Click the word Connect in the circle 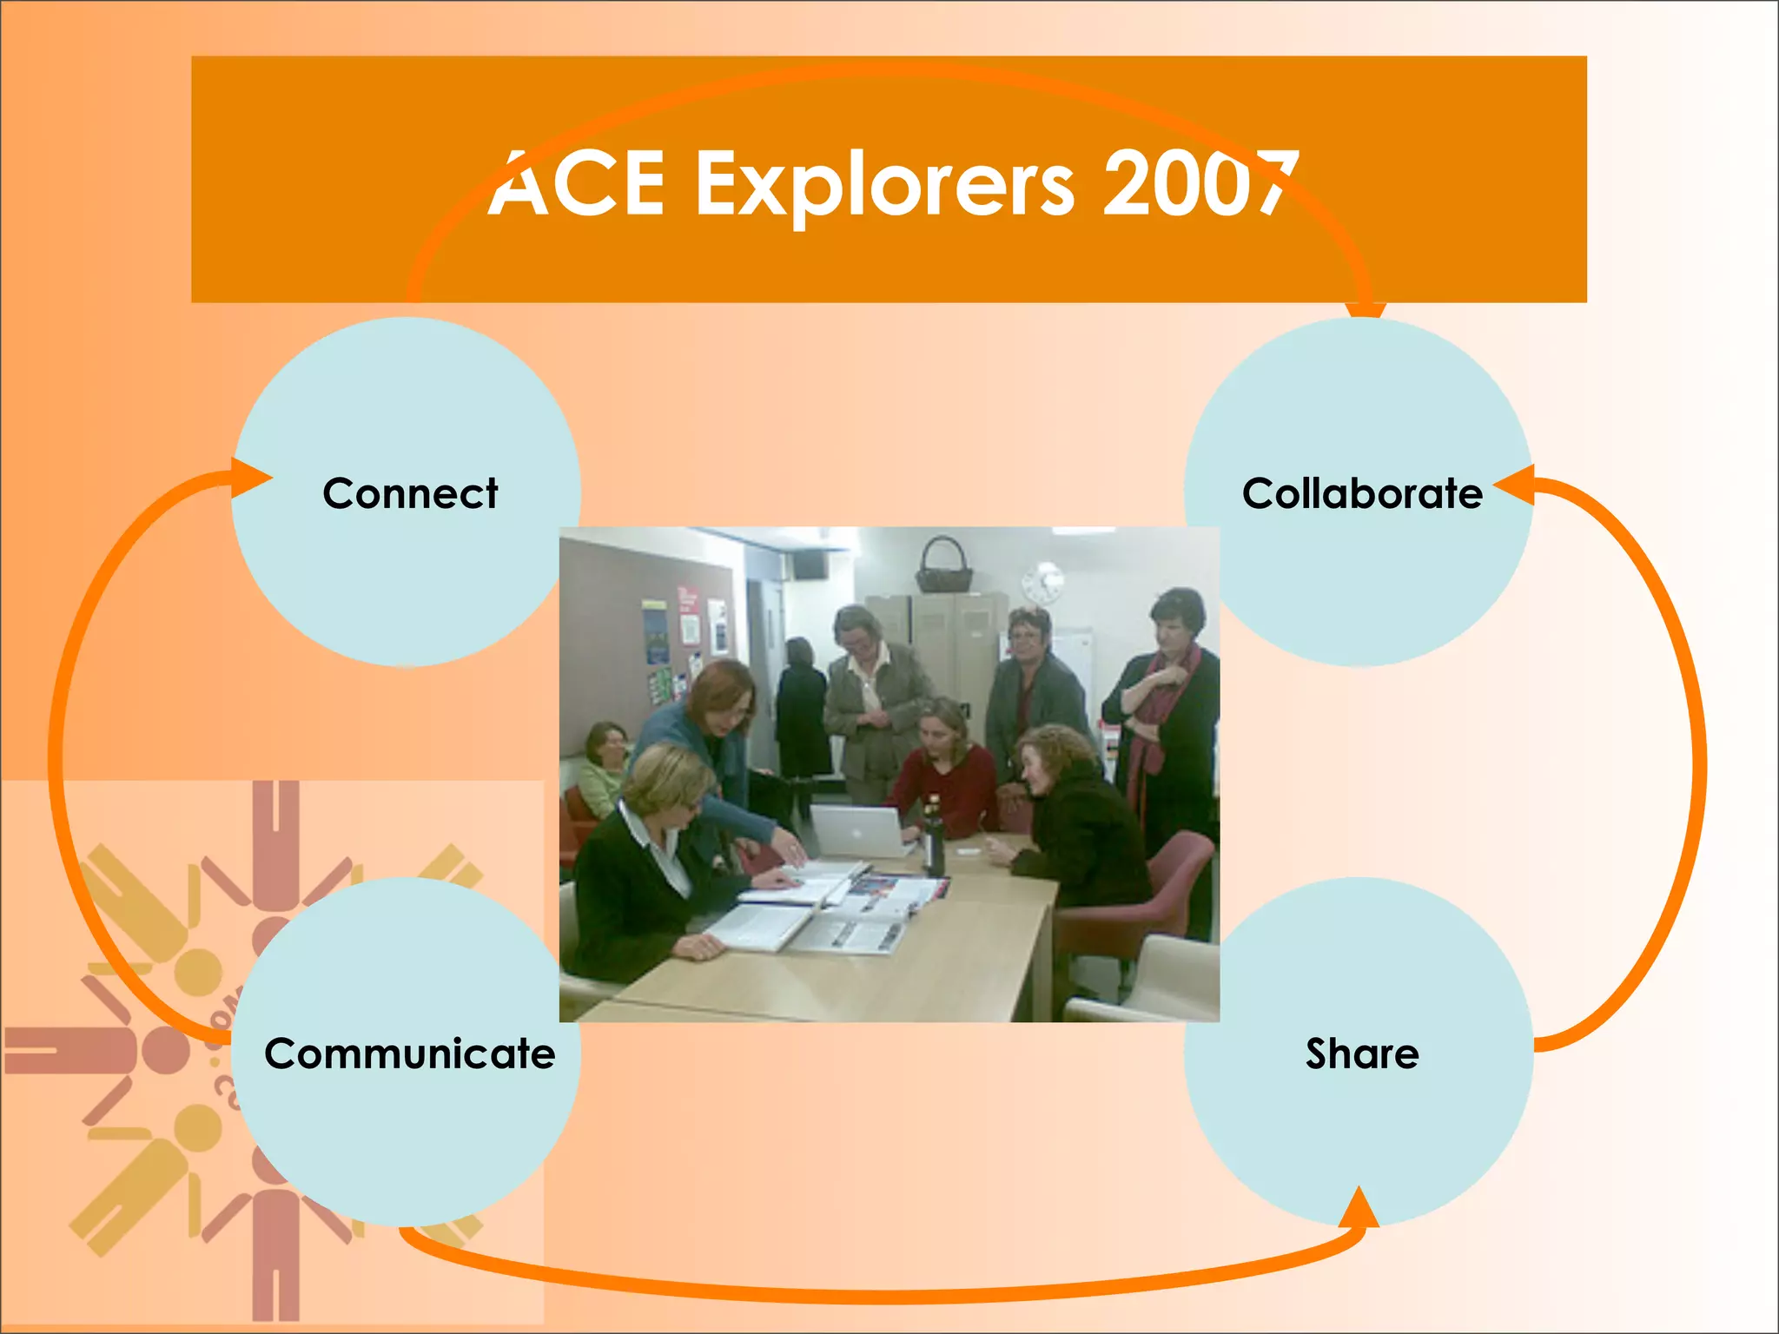410,493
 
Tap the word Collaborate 1361,493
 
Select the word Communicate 410,1053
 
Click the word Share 1362,1053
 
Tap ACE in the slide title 578,184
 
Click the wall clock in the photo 1042,582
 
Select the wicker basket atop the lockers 943,568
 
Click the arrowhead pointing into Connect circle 253,479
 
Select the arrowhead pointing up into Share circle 1359,1207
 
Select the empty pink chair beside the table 1147,895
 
